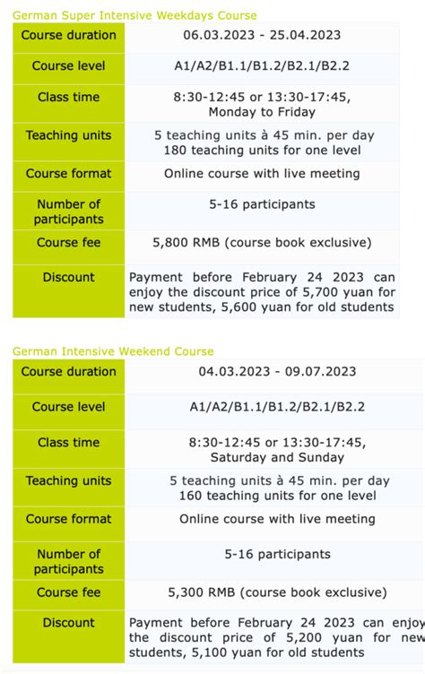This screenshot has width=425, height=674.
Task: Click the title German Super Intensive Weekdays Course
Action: click(134, 15)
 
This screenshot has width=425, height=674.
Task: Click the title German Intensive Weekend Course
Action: click(113, 351)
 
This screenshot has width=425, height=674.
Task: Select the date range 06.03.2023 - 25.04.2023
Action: click(262, 35)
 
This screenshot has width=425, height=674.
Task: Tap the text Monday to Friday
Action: click(262, 112)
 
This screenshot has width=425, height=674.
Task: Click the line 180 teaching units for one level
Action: click(262, 150)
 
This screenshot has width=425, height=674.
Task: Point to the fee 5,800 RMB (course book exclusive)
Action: click(262, 243)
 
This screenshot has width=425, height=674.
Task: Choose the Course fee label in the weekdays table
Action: click(69, 243)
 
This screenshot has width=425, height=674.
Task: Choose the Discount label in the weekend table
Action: click(69, 623)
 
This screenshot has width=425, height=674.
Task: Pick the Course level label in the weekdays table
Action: click(69, 66)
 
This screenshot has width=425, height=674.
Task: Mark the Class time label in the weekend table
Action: click(69, 443)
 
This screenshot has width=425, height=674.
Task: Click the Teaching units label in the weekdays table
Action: click(69, 135)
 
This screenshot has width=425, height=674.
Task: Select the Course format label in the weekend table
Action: click(69, 519)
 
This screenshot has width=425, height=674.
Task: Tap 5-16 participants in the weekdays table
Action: click(262, 204)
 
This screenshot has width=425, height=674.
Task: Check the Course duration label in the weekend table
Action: click(69, 371)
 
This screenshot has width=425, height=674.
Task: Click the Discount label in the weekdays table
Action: click(69, 277)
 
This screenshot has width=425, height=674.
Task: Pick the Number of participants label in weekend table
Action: click(69, 561)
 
